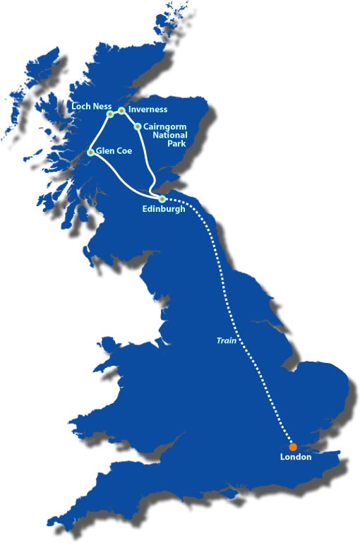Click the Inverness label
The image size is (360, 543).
(x=148, y=109)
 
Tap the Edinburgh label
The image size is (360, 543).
(x=163, y=209)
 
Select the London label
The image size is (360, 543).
(x=295, y=458)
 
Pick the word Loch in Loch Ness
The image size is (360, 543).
(x=82, y=107)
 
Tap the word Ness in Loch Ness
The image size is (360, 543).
(x=99, y=107)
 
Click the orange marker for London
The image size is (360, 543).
(x=293, y=446)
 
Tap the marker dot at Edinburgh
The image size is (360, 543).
(x=163, y=198)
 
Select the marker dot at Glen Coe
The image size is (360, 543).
(x=90, y=153)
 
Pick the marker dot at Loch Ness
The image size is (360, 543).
(x=110, y=114)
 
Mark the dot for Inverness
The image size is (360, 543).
(x=121, y=110)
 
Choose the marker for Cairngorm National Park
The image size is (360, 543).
(x=138, y=126)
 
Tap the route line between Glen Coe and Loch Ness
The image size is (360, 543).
(x=100, y=133)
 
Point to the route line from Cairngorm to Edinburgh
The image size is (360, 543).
(x=146, y=159)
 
